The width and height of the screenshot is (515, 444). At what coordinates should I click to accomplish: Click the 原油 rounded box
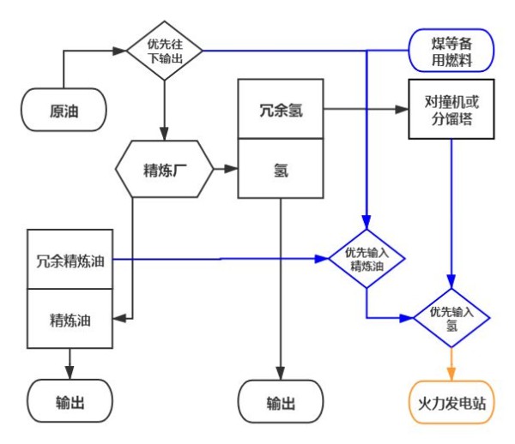pyautogui.click(x=64, y=112)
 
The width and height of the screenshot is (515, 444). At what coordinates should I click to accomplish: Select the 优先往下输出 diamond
pyautogui.click(x=163, y=51)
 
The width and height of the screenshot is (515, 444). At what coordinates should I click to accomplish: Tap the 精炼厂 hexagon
pyautogui.click(x=163, y=169)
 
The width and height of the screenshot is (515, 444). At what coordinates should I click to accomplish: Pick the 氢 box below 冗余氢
pyautogui.click(x=281, y=170)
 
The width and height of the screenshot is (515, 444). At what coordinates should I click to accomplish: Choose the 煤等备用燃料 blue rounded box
pyautogui.click(x=451, y=51)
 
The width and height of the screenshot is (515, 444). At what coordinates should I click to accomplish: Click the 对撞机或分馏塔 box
pyautogui.click(x=451, y=111)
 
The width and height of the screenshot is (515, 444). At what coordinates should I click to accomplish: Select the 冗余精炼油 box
pyautogui.click(x=70, y=260)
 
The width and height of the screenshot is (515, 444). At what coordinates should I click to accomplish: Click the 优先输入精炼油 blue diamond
pyautogui.click(x=367, y=259)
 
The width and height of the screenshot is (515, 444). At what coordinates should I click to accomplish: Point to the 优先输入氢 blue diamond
pyautogui.click(x=451, y=319)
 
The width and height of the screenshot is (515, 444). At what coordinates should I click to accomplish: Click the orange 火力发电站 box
pyautogui.click(x=451, y=402)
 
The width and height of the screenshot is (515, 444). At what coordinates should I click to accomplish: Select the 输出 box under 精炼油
pyautogui.click(x=70, y=402)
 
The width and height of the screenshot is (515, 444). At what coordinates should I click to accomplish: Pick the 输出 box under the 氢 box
pyautogui.click(x=281, y=402)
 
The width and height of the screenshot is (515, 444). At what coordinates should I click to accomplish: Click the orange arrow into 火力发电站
pyautogui.click(x=451, y=364)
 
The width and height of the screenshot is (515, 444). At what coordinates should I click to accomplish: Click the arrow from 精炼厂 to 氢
pyautogui.click(x=225, y=170)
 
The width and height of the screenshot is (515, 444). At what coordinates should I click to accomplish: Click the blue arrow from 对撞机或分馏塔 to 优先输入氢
pyautogui.click(x=451, y=214)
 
